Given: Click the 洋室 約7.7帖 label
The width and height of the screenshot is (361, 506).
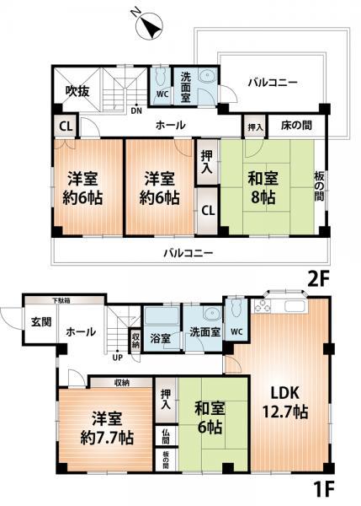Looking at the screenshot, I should click(x=104, y=428).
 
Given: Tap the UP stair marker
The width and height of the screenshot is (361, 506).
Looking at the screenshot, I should click(x=118, y=357).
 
